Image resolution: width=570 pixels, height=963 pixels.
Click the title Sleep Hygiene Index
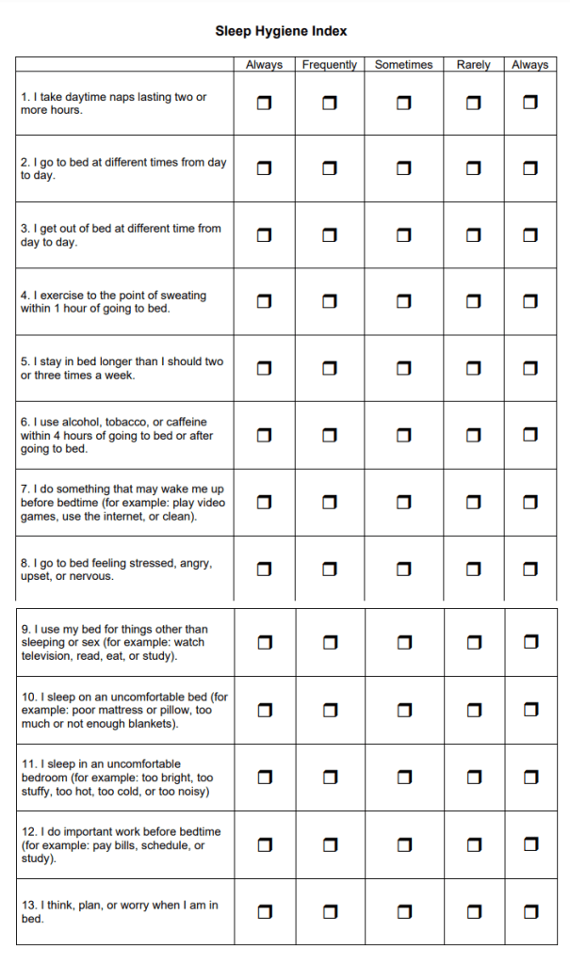(281, 31)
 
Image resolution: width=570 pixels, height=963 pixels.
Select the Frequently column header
(330, 65)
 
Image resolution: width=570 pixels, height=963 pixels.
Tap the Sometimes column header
(403, 65)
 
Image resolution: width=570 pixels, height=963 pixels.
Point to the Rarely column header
(473, 65)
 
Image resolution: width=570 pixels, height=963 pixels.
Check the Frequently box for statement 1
(330, 102)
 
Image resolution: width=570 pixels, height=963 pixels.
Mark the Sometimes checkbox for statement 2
(403, 169)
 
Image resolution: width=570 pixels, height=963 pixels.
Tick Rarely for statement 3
(473, 235)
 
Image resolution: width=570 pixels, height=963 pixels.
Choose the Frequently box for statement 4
(330, 301)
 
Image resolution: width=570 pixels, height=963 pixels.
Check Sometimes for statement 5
(403, 368)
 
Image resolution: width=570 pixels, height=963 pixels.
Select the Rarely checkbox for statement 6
(473, 435)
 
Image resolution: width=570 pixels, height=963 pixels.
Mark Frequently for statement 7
(330, 502)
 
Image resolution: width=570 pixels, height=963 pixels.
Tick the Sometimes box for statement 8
(403, 569)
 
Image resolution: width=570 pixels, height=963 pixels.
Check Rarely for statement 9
(473, 642)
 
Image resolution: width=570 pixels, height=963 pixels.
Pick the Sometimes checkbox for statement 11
(403, 777)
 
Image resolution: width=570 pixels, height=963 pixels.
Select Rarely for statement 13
(473, 911)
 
